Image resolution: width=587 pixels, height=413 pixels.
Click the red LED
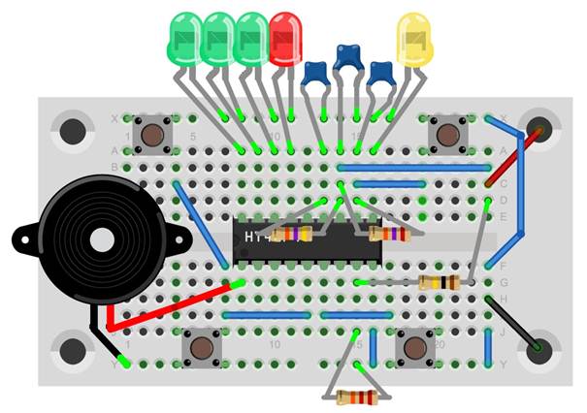click(x=285, y=39)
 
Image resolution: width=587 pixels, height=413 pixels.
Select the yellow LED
click(x=413, y=40)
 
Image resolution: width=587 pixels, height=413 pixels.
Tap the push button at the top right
click(x=447, y=133)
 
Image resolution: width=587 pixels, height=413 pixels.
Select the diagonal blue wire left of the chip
click(x=201, y=224)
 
